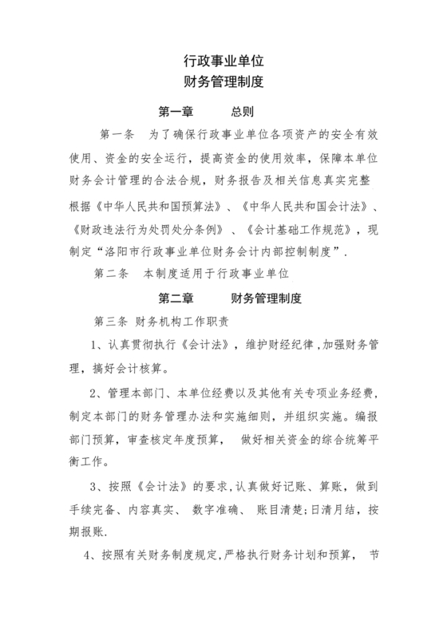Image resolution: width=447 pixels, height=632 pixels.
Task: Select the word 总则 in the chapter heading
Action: coord(243,110)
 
